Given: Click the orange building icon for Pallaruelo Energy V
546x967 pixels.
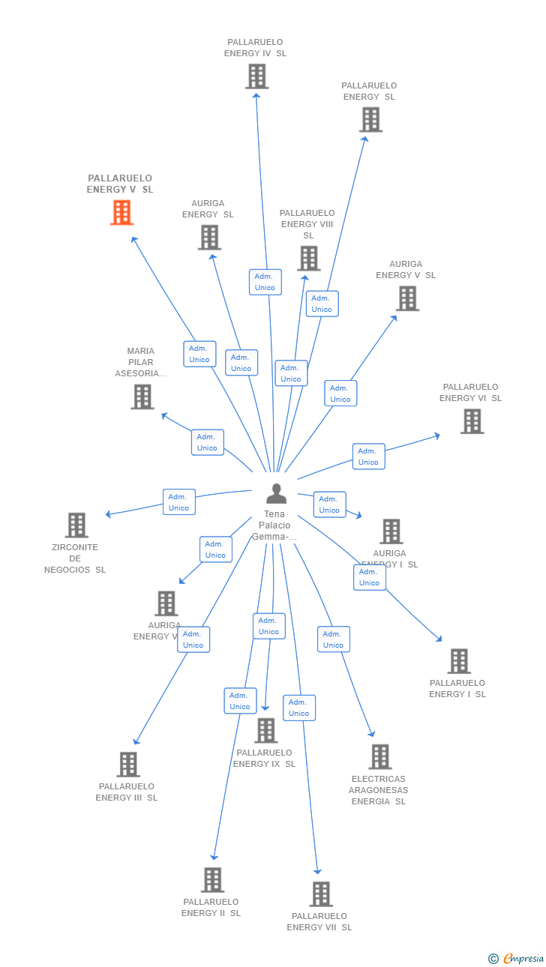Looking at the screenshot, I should (x=121, y=213).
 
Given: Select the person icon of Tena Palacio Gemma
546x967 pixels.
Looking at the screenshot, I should (x=276, y=494).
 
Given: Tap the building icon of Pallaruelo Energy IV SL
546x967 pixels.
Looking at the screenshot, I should (x=256, y=76).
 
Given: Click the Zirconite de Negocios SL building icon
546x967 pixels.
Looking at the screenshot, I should (x=76, y=525).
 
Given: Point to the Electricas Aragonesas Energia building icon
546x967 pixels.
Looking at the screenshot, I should (x=379, y=757).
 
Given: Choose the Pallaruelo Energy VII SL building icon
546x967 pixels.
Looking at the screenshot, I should (x=321, y=894).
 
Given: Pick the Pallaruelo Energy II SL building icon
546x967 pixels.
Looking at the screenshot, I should (x=213, y=880).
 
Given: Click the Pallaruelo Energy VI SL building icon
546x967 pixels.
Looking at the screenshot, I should (x=472, y=421).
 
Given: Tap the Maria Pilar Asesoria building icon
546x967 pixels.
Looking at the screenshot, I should (x=142, y=397).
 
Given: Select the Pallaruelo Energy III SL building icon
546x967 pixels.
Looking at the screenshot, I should (x=128, y=765).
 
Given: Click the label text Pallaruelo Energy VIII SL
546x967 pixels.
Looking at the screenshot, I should (x=307, y=224).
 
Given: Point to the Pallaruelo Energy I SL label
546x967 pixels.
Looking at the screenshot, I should (x=457, y=688).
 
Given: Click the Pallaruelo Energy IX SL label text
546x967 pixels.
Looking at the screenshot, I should (x=264, y=758).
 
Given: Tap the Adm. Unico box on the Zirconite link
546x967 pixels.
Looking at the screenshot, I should (x=178, y=502).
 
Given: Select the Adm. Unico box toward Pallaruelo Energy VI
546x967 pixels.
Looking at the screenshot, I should (x=368, y=457).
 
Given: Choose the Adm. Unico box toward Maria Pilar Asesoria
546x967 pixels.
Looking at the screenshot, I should (x=207, y=442).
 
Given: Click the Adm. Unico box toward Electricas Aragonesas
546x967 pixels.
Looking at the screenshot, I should (x=333, y=639).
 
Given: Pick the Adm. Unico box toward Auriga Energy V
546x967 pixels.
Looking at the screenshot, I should (x=340, y=394).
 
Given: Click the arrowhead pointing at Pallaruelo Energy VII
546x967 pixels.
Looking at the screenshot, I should (x=318, y=870).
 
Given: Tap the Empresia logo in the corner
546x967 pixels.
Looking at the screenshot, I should (x=523, y=958).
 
